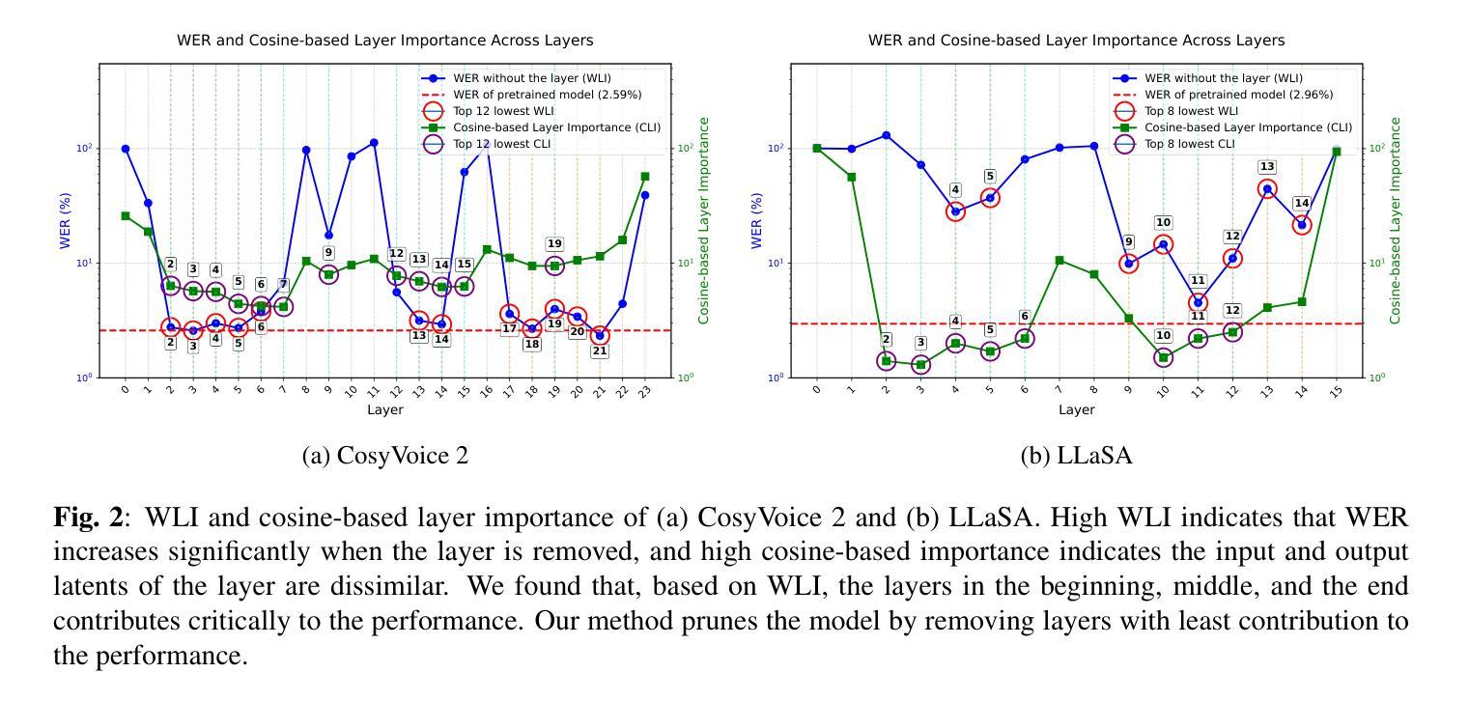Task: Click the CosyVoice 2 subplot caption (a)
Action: (x=384, y=456)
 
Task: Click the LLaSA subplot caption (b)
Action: (x=1076, y=456)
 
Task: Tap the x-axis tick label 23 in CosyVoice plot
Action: (x=645, y=390)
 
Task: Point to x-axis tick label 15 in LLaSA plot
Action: (x=1336, y=390)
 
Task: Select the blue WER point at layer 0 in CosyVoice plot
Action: (x=126, y=149)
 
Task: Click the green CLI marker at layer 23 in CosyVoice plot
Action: (x=645, y=177)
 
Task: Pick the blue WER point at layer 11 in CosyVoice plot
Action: (x=374, y=143)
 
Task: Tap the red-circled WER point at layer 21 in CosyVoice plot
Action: (x=600, y=336)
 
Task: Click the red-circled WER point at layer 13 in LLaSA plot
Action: (x=1267, y=189)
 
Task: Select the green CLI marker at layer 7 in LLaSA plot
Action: (x=1059, y=260)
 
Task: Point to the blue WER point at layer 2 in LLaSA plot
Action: (x=886, y=135)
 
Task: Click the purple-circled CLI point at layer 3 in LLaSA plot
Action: (x=920, y=365)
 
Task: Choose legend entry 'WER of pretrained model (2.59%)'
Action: (x=547, y=95)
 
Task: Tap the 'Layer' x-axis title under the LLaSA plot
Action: (x=1076, y=409)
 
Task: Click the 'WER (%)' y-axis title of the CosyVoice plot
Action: (x=67, y=220)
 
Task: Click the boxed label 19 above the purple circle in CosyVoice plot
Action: (x=554, y=244)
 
